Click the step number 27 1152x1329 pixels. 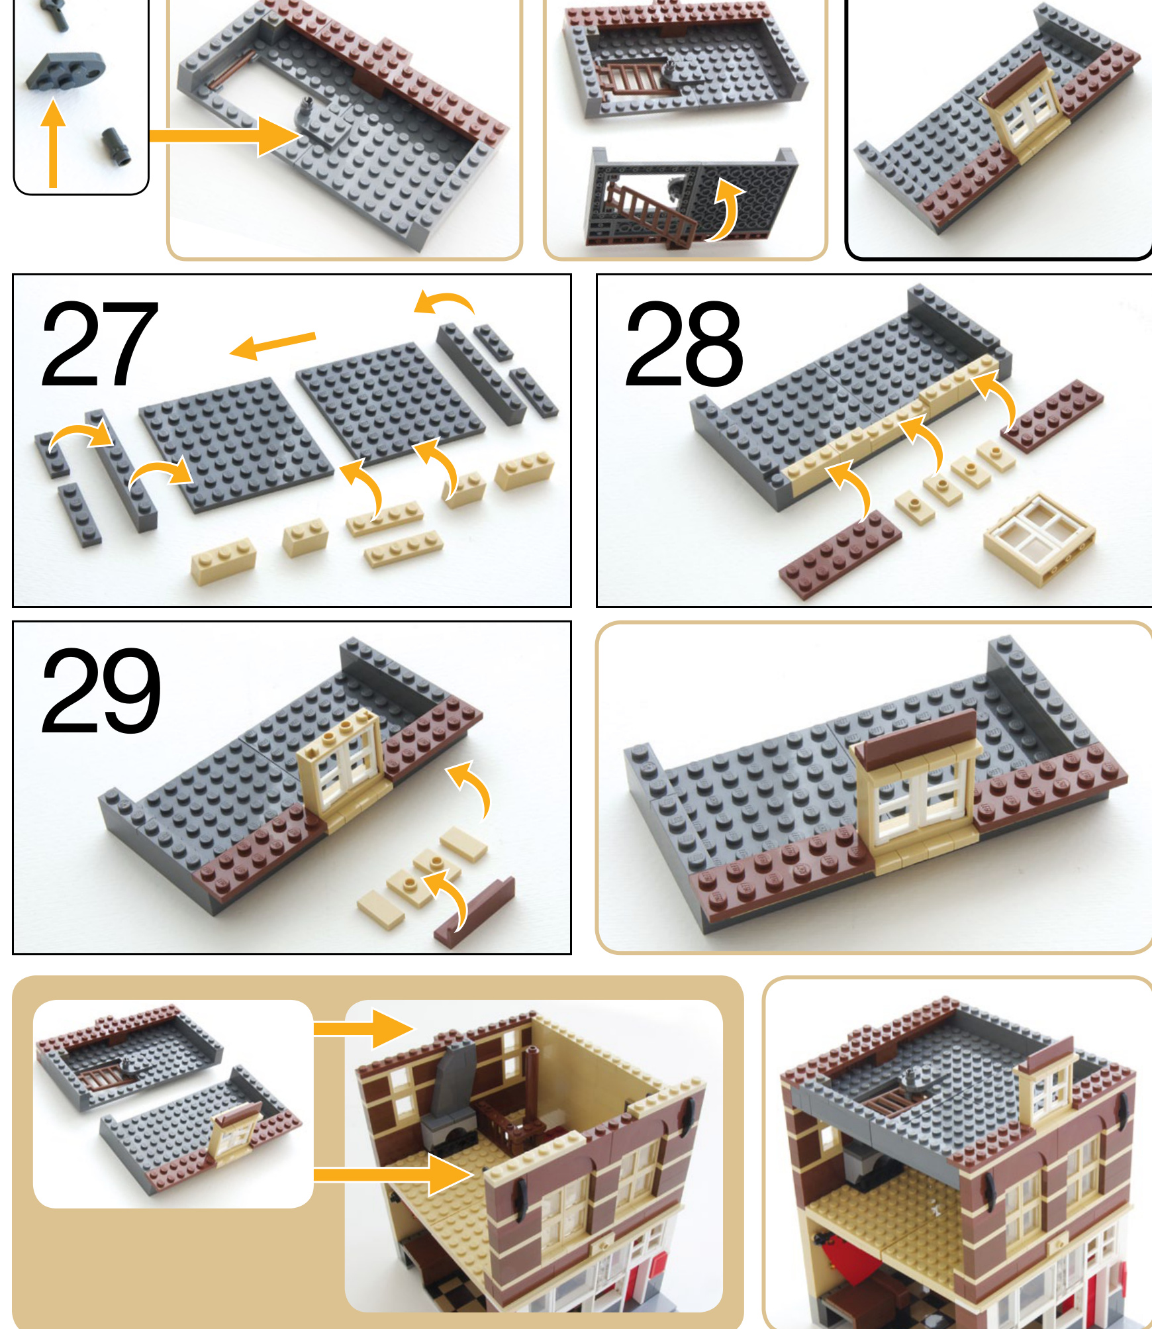99,344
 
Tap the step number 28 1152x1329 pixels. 684,344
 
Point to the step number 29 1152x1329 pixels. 101,691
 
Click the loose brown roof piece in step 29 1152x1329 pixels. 474,912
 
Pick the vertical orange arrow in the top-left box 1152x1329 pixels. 53,144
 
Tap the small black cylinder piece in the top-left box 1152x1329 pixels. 116,146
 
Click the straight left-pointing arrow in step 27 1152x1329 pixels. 272,345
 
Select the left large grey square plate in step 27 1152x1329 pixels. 236,444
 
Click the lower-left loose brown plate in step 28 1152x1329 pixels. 840,555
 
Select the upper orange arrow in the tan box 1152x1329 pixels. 363,1028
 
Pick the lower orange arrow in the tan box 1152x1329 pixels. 393,1175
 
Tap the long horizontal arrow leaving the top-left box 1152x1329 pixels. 226,136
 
